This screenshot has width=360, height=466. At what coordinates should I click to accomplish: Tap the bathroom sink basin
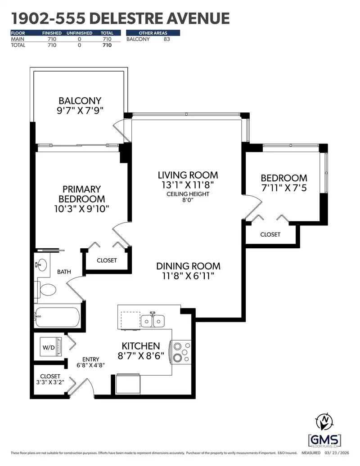[41, 264]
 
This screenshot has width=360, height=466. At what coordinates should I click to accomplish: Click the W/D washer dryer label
[49, 347]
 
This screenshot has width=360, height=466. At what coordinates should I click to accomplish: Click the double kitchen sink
[153, 321]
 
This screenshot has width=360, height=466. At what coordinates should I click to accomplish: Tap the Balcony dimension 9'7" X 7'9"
[80, 111]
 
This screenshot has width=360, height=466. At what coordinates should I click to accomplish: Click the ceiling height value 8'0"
[188, 200]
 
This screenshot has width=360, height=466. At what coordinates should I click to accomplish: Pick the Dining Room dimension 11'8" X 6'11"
[188, 276]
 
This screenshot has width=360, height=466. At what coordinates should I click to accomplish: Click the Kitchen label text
[141, 346]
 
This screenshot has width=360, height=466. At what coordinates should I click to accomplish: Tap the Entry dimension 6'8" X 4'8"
[90, 365]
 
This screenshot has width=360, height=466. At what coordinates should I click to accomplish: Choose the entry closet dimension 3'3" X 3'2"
[50, 382]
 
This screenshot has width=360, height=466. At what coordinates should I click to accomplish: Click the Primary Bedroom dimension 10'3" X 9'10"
[82, 209]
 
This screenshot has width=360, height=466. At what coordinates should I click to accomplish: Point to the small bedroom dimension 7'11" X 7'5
[284, 188]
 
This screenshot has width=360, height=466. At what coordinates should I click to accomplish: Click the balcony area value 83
[167, 39]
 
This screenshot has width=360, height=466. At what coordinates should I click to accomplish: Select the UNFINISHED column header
[79, 33]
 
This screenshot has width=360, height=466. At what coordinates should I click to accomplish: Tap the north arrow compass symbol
[324, 421]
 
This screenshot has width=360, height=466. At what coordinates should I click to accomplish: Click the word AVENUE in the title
[198, 18]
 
